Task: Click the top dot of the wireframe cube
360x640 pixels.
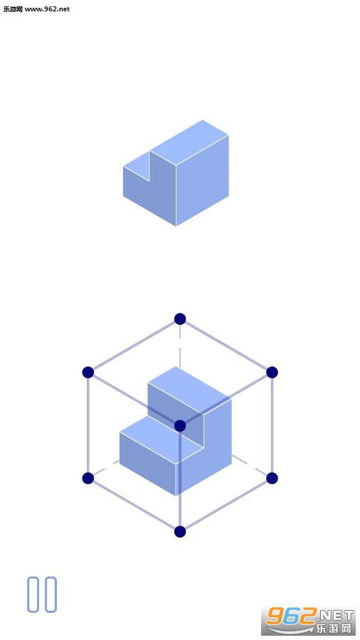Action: [x=180, y=319]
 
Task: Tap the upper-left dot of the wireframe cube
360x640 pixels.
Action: [x=88, y=372]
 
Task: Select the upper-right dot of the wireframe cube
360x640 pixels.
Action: [x=272, y=372]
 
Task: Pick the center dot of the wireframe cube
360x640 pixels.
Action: [x=180, y=426]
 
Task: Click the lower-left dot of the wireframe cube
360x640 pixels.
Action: [x=88, y=479]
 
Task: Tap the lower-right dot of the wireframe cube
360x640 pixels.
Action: [x=272, y=479]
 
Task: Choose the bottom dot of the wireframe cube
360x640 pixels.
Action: [x=180, y=531]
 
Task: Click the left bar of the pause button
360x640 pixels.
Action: [x=33, y=594]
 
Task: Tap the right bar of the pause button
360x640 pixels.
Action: [x=51, y=594]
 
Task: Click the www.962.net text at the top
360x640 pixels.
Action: [x=48, y=9]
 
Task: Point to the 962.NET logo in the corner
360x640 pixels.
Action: [x=309, y=620]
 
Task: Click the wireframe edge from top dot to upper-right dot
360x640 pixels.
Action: [x=226, y=346]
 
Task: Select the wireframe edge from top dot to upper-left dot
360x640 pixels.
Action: [x=134, y=346]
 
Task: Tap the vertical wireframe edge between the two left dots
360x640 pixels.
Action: [x=88, y=425]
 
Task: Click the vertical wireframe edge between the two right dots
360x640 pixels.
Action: [x=272, y=425]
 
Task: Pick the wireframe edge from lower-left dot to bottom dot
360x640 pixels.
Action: [x=134, y=505]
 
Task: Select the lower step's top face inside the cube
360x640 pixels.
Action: [x=162, y=440]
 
